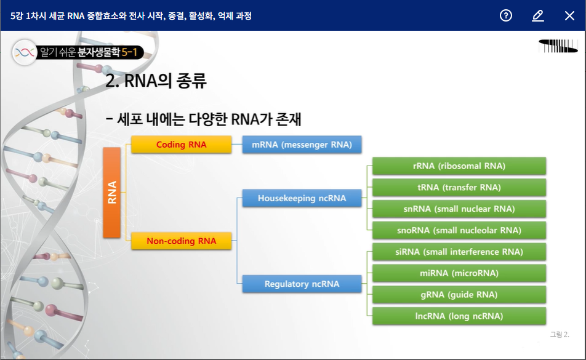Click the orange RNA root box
pyautogui.click(x=111, y=193)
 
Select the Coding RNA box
pyautogui.click(x=181, y=145)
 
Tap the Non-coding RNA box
pyautogui.click(x=181, y=241)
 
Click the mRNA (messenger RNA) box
pyautogui.click(x=302, y=145)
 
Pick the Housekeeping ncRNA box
pyautogui.click(x=302, y=198)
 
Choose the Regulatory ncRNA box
pyautogui.click(x=302, y=284)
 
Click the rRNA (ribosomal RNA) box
pyautogui.click(x=459, y=166)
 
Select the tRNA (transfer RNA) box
pyautogui.click(x=459, y=187)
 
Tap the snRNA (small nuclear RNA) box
pyautogui.click(x=459, y=209)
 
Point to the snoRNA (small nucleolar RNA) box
pyautogui.click(x=459, y=230)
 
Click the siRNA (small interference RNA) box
pyautogui.click(x=459, y=252)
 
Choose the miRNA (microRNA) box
pyautogui.click(x=459, y=273)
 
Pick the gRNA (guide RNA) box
pyautogui.click(x=459, y=295)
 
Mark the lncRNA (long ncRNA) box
pyautogui.click(x=459, y=316)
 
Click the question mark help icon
pyautogui.click(x=506, y=15)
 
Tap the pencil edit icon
pyautogui.click(x=538, y=15)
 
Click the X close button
pyautogui.click(x=569, y=15)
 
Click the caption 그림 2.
pyautogui.click(x=560, y=335)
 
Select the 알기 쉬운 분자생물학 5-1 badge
pyautogui.click(x=78, y=52)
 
